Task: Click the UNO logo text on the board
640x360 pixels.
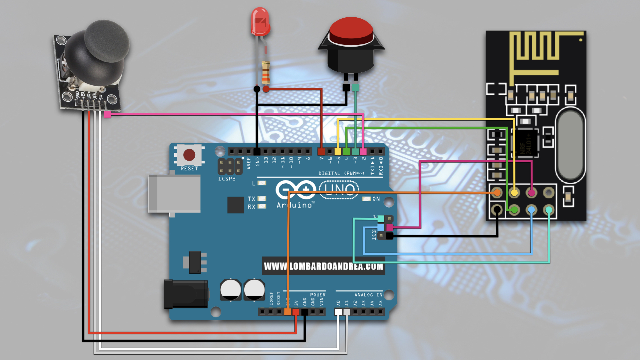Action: (x=339, y=190)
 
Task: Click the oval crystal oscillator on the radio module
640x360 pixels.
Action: (x=570, y=145)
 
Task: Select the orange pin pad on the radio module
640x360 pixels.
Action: (x=497, y=193)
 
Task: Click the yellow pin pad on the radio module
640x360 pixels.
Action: (x=514, y=193)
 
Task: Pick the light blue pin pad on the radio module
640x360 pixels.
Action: (x=531, y=210)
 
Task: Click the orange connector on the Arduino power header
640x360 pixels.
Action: (x=287, y=312)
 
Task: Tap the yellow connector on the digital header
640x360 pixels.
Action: (x=338, y=152)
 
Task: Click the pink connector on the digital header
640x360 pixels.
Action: (x=363, y=152)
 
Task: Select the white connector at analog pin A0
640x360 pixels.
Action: (x=338, y=312)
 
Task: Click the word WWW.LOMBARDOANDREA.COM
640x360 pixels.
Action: (x=323, y=266)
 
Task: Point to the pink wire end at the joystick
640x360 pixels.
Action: (x=108, y=114)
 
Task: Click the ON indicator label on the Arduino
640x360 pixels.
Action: (x=376, y=199)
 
